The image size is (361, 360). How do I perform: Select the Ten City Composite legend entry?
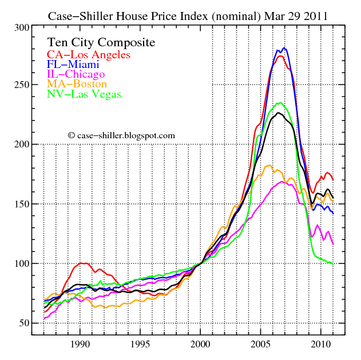[x=101, y=43]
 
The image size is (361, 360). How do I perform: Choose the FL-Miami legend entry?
[x=73, y=65]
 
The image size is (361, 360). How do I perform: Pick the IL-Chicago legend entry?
[x=76, y=74]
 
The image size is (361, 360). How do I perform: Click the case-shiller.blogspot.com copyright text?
[x=121, y=135]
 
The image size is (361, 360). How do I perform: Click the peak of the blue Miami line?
[x=284, y=49]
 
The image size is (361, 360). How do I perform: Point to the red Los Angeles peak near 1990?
[x=83, y=263]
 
